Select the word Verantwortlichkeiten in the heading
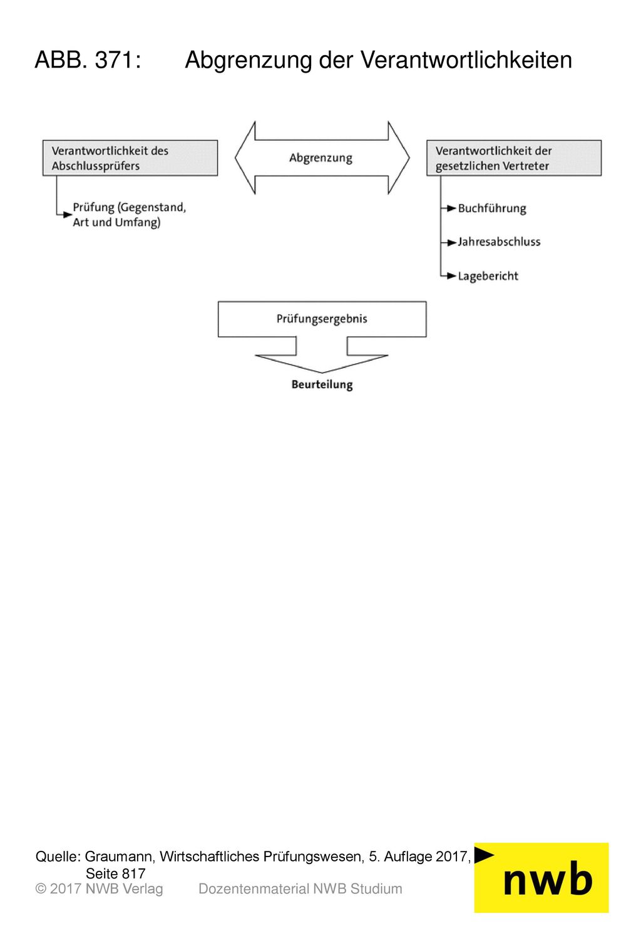[466, 60]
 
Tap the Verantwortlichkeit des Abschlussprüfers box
[130, 158]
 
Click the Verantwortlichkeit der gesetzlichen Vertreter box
[514, 158]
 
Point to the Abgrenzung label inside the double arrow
[320, 158]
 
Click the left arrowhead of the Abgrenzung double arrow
[245, 158]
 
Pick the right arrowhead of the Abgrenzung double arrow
[399, 158]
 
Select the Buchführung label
[492, 208]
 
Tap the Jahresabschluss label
[499, 242]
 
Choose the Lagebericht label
[488, 276]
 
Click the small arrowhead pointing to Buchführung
[451, 208]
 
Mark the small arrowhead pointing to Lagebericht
[451, 275]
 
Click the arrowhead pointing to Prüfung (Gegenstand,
[68, 215]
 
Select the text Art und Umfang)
[116, 222]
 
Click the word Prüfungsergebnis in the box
[322, 319]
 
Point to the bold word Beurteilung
[322, 384]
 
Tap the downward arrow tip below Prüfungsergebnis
[322, 373]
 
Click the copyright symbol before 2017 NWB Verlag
[41, 889]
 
